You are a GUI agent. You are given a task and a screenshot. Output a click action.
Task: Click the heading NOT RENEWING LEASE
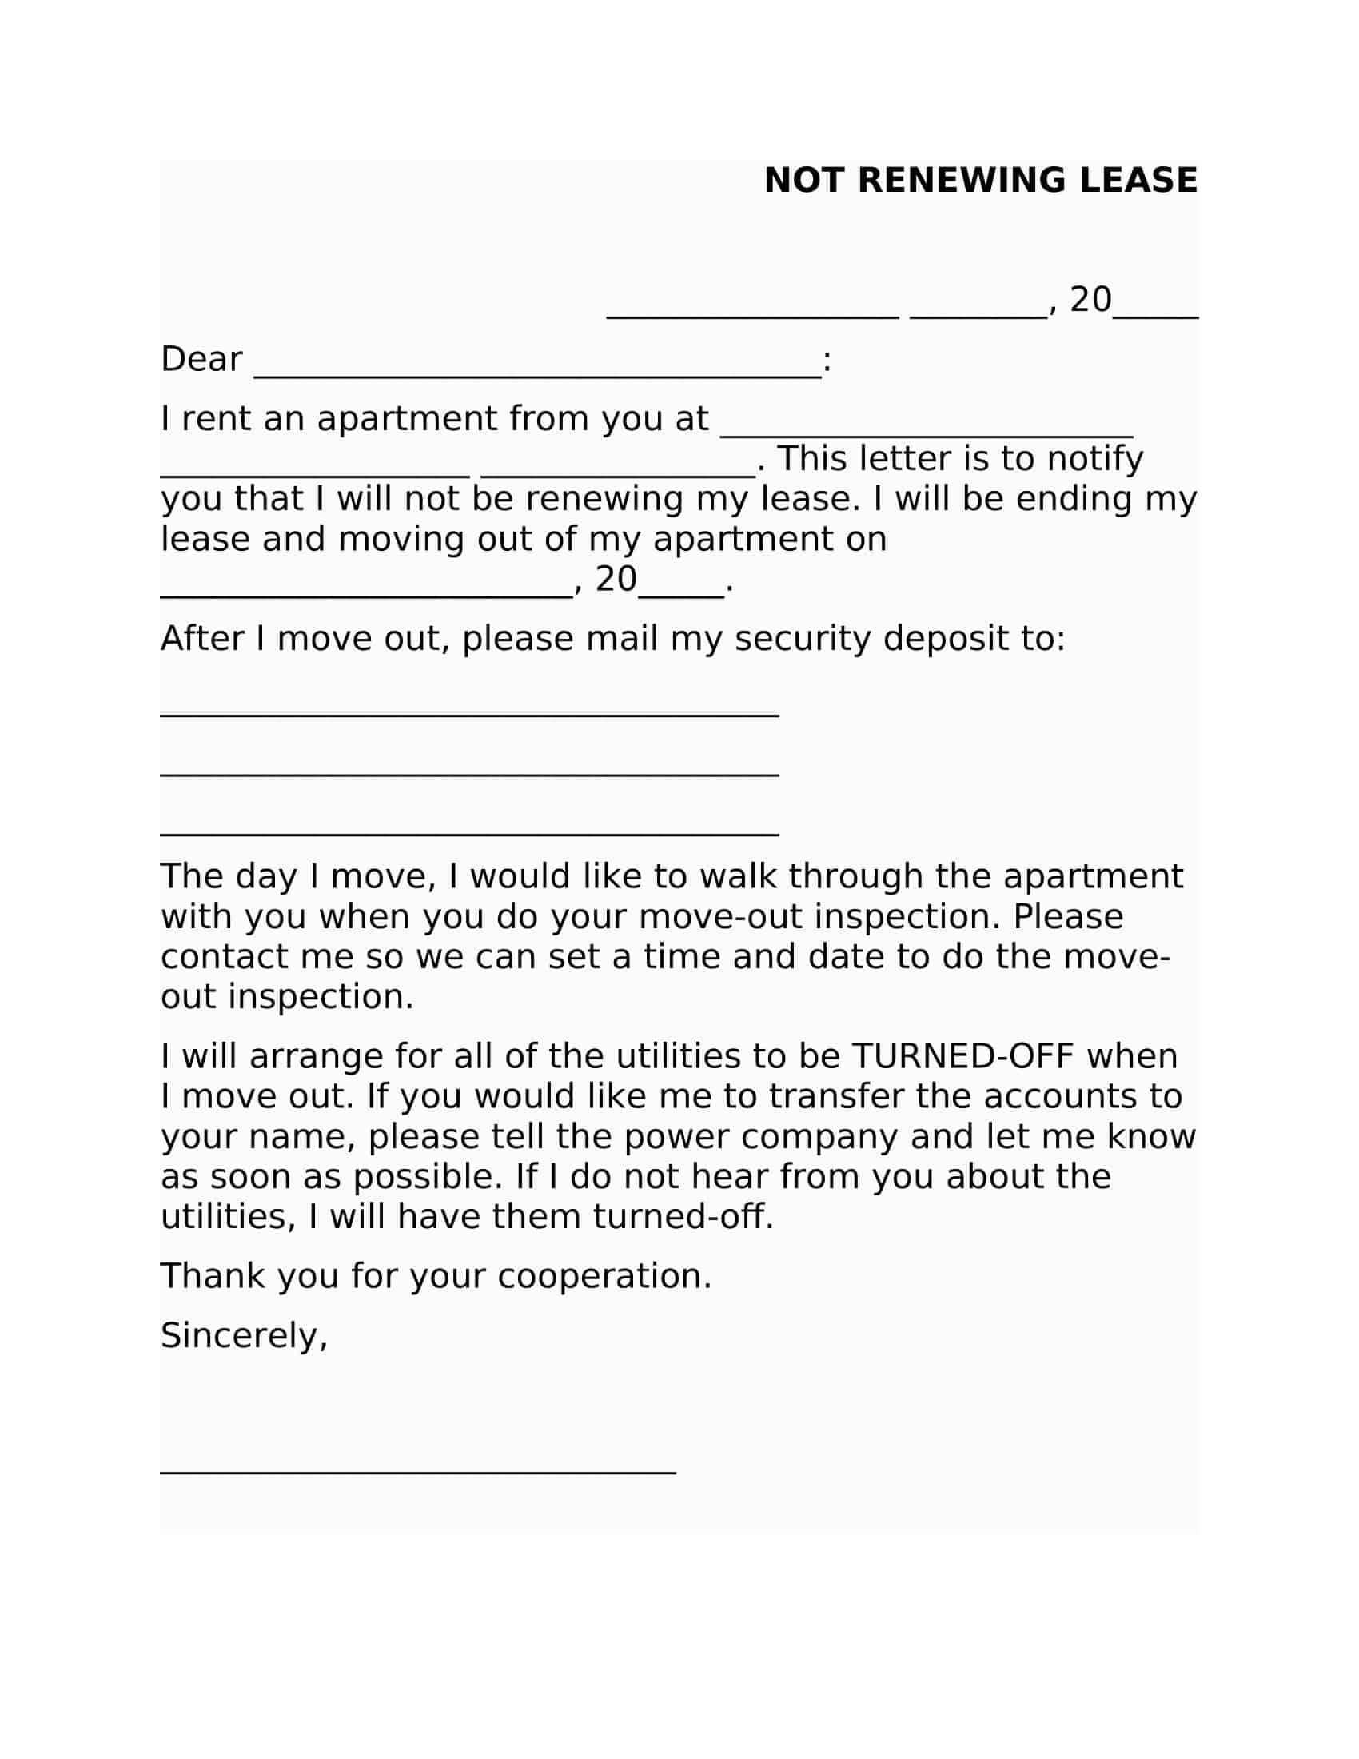[980, 181]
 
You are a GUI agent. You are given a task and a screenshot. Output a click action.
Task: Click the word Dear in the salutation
[201, 359]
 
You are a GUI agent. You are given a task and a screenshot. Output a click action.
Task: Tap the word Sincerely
[243, 1335]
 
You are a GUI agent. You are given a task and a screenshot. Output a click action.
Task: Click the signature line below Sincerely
[418, 1471]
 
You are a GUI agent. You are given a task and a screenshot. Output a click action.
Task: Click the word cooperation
[604, 1276]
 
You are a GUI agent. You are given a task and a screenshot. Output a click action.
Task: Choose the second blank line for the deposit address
[469, 774]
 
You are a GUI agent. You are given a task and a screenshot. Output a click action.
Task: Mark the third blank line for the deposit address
[469, 834]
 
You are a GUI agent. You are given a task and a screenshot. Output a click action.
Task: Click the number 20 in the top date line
[1090, 300]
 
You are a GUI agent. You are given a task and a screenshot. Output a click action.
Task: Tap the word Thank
[213, 1276]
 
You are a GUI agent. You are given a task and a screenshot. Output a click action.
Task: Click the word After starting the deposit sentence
[202, 639]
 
